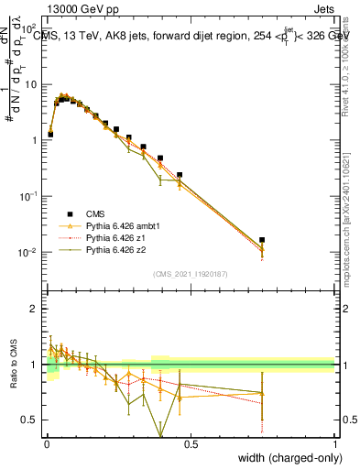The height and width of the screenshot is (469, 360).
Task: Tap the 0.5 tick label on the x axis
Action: point(191,443)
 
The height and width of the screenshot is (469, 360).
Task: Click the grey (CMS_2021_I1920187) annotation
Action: point(191,274)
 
